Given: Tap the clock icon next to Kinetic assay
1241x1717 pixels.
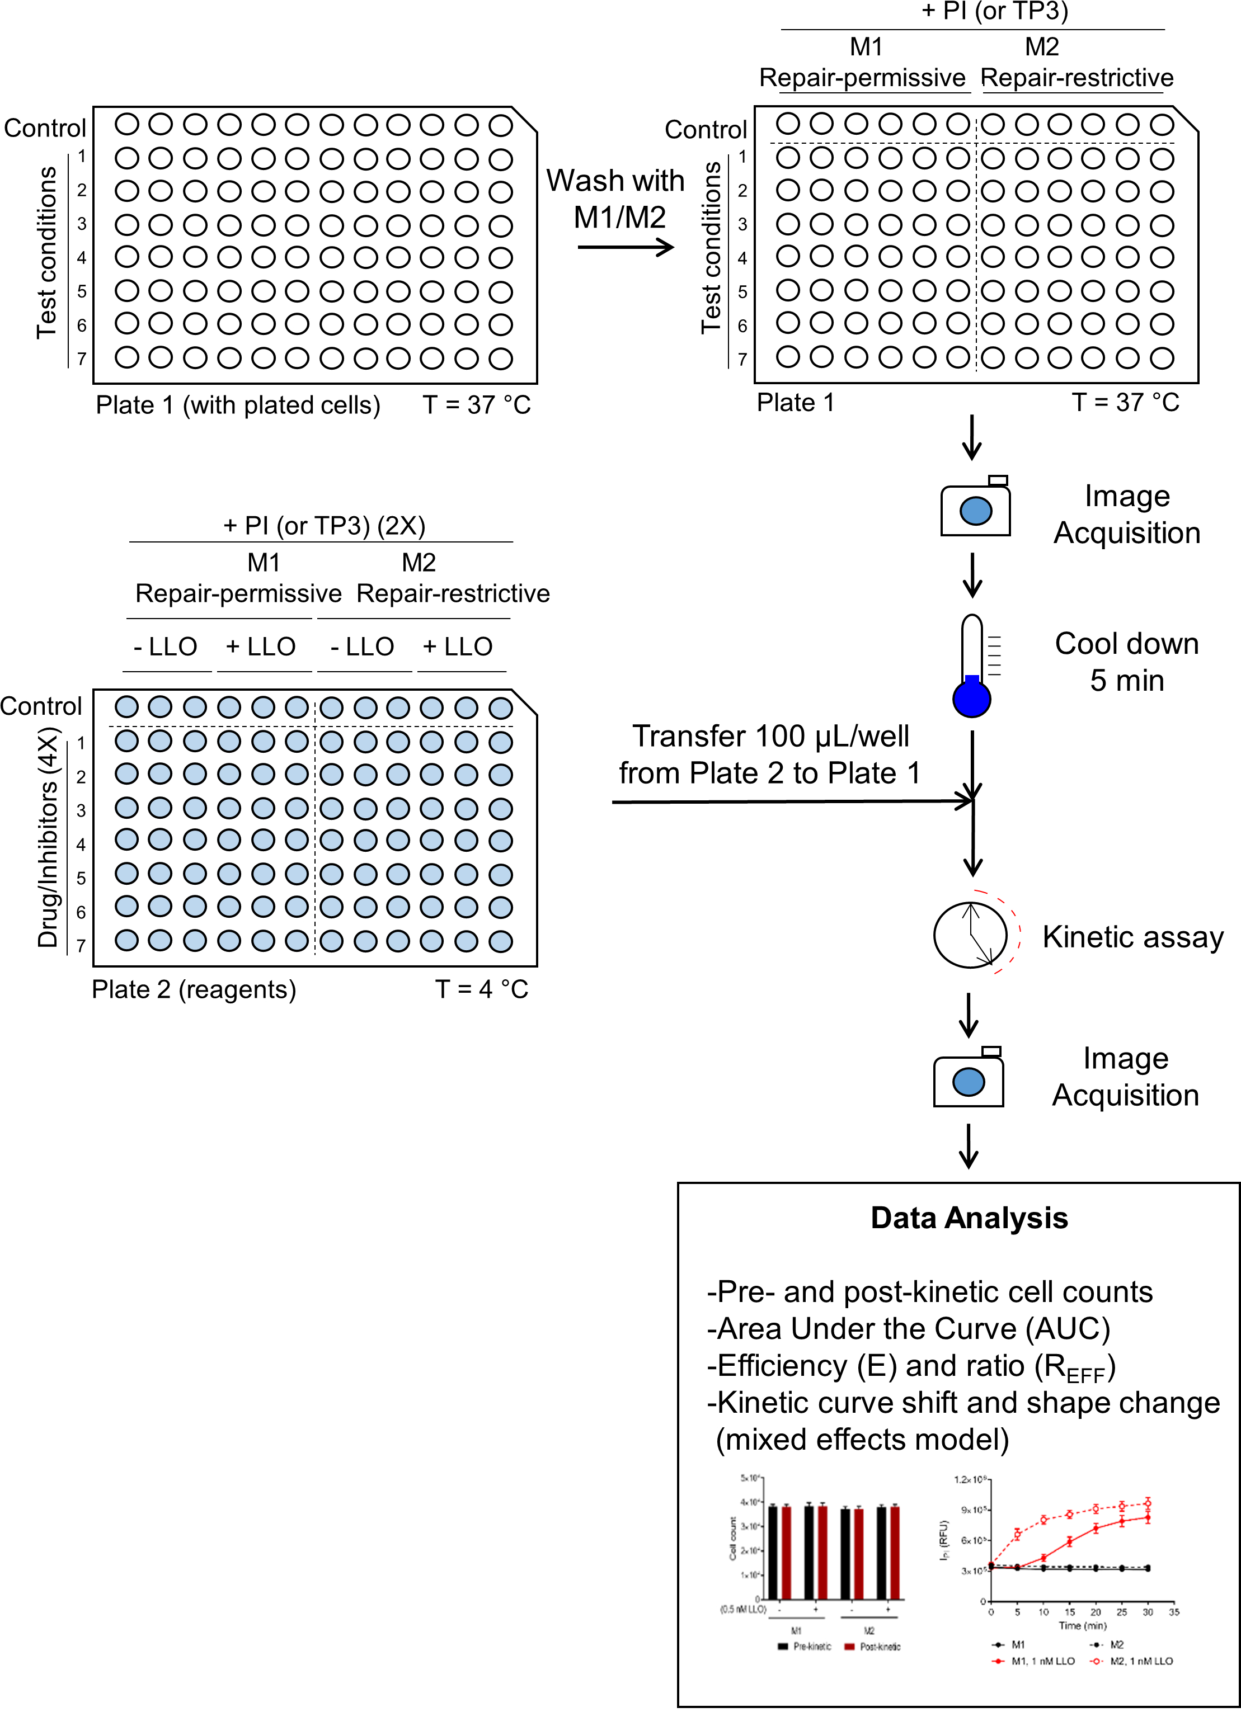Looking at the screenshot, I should click(971, 935).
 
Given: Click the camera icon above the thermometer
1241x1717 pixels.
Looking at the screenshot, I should click(975, 508).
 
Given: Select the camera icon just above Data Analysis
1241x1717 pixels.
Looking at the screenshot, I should click(969, 1079).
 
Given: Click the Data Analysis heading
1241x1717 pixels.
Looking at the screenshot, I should click(969, 1218).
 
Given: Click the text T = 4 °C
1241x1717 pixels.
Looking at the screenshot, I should click(482, 989).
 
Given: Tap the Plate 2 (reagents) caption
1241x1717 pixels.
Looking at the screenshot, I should click(194, 989).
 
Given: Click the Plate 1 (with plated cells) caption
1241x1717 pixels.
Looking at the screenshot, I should click(238, 405).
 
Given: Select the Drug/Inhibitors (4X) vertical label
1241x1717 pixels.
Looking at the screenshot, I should click(48, 837).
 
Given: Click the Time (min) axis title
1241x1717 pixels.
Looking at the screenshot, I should click(1082, 1625).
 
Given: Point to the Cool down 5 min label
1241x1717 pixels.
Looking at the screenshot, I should click(1127, 662).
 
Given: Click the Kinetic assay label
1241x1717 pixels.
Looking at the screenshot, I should click(1132, 937).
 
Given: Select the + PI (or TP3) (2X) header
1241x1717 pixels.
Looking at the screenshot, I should click(324, 525).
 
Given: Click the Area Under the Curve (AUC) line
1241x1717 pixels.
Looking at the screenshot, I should click(909, 1329).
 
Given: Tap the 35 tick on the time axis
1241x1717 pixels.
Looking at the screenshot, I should click(1174, 1612).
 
